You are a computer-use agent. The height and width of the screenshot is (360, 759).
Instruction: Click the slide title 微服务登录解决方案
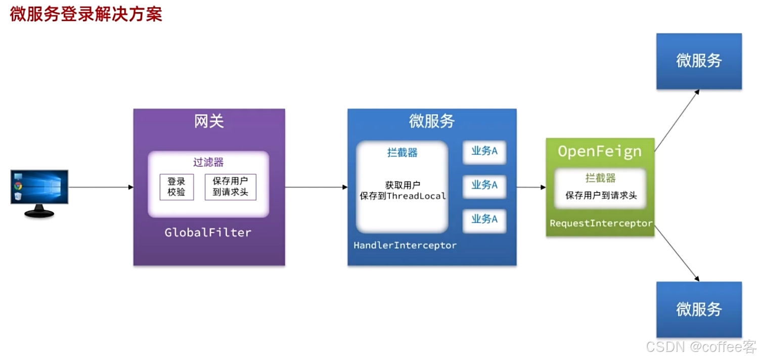86,14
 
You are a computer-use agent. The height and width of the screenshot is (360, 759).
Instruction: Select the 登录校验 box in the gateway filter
176,187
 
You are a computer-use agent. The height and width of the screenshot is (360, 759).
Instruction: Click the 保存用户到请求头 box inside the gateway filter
231,187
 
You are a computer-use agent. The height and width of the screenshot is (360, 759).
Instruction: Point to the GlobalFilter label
208,233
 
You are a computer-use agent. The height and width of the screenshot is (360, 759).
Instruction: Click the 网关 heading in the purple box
209,121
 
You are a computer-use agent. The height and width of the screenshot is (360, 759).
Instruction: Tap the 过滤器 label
208,162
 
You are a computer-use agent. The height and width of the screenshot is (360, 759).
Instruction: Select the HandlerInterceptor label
405,245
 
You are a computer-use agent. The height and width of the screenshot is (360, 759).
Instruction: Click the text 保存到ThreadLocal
403,196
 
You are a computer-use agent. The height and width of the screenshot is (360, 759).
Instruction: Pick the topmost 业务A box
484,151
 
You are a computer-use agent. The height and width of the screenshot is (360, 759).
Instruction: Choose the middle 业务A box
484,185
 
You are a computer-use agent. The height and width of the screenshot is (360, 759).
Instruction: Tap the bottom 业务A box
484,219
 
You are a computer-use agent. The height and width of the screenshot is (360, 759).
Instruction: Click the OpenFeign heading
600,151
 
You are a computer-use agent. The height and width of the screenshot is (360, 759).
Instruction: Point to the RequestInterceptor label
601,223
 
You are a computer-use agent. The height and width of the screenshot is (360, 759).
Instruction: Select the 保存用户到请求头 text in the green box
601,195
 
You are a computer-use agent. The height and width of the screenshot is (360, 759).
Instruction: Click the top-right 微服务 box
699,61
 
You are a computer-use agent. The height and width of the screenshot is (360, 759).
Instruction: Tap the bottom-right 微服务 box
699,309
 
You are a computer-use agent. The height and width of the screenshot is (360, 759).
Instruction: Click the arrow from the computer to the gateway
101,187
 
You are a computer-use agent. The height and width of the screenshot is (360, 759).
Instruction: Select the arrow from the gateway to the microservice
316,187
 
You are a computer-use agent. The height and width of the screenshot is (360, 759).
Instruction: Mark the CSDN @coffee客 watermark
701,347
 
